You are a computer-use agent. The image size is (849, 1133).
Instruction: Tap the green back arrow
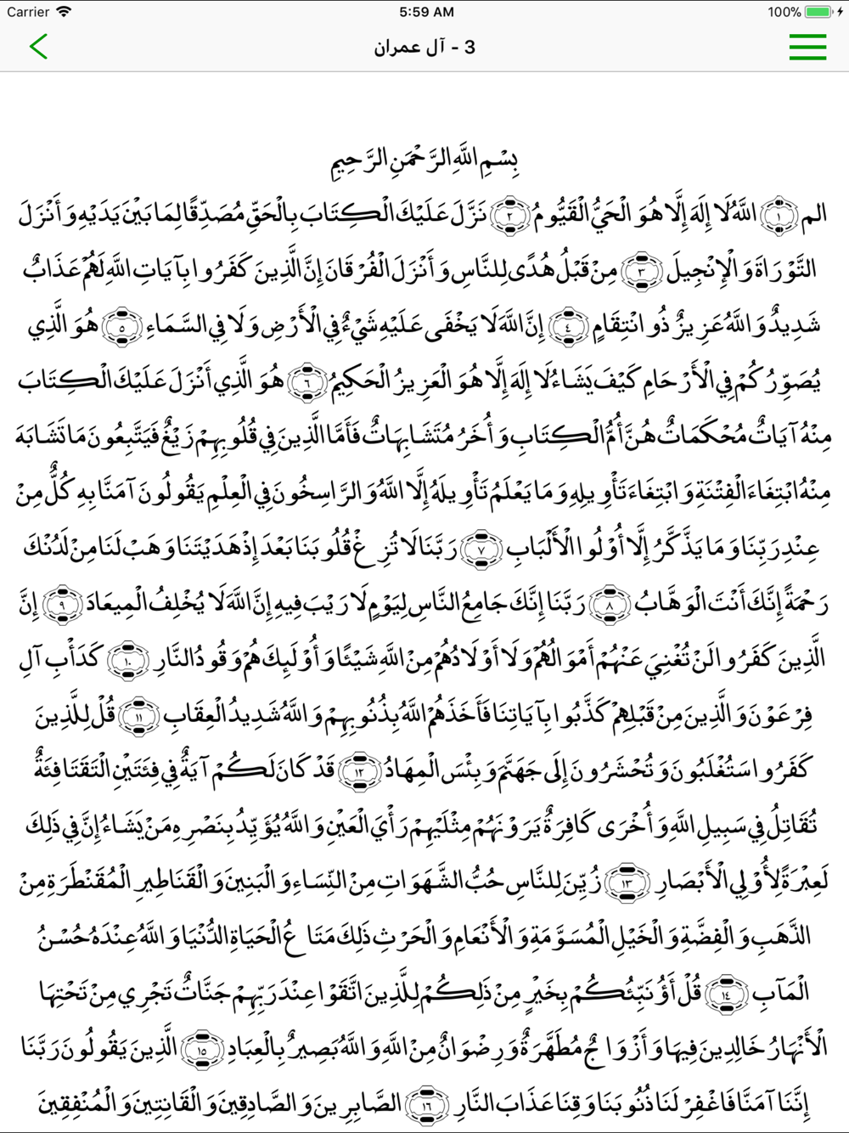point(38,46)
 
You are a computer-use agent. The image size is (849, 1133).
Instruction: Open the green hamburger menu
point(807,47)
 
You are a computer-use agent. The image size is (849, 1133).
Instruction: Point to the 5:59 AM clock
point(425,12)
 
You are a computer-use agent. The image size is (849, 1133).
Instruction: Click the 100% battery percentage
point(784,12)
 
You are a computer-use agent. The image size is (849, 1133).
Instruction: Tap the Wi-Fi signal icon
point(64,12)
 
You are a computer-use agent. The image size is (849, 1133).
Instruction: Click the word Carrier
point(27,12)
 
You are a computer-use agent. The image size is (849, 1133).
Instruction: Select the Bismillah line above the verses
point(424,161)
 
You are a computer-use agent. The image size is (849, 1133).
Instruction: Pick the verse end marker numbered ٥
point(121,326)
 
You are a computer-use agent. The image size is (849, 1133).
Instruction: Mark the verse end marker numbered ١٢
point(358,770)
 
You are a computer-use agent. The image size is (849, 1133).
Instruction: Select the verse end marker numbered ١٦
point(425,1103)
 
